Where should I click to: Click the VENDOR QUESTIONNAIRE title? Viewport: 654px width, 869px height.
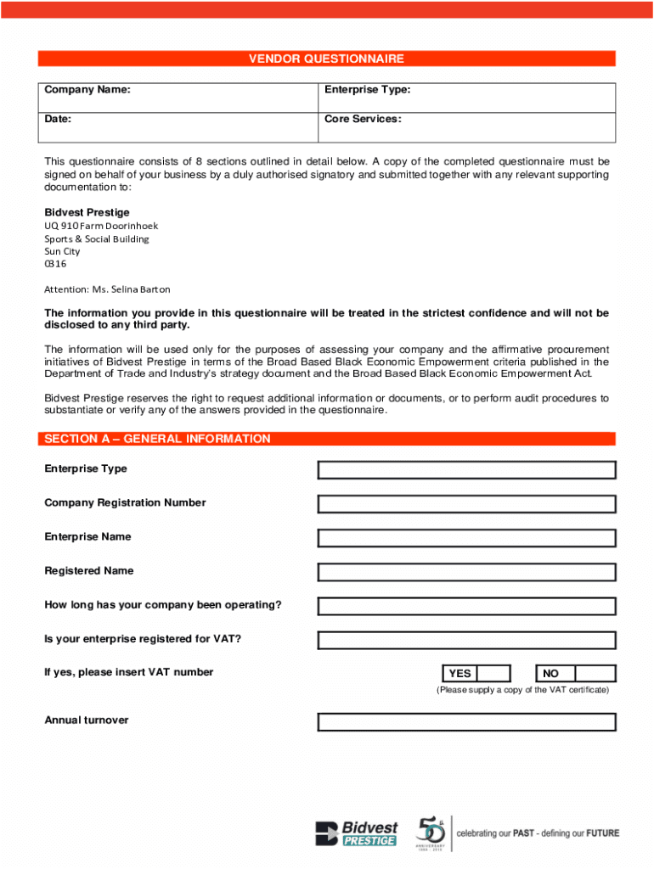(x=326, y=59)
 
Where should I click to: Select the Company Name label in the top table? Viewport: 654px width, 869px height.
(x=87, y=90)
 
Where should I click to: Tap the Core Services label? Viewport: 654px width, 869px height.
(x=363, y=119)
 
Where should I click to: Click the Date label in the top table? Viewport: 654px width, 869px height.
(x=58, y=119)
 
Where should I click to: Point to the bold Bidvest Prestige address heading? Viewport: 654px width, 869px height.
(x=87, y=212)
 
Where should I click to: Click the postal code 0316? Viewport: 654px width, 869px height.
(x=55, y=264)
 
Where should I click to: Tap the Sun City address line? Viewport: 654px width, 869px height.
(x=62, y=251)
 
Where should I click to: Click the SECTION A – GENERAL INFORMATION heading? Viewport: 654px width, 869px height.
(x=157, y=439)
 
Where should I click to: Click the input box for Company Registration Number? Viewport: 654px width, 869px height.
(x=466, y=504)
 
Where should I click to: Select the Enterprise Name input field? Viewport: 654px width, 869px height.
(x=466, y=538)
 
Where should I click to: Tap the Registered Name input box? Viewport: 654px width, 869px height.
(x=466, y=572)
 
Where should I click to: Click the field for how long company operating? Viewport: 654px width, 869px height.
(x=466, y=606)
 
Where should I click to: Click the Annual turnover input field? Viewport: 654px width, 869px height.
(x=466, y=722)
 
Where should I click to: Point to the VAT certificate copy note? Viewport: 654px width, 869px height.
(x=522, y=690)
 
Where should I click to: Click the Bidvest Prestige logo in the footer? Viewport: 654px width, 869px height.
(x=356, y=833)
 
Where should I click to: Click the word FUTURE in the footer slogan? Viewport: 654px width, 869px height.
(x=600, y=833)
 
